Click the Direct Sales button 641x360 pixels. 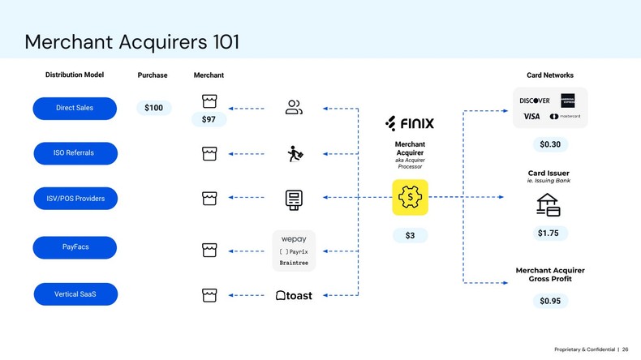(75, 108)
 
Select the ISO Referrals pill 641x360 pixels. (75, 153)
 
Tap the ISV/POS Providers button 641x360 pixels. (75, 199)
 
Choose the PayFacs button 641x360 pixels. (75, 247)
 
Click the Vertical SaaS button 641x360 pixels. (75, 294)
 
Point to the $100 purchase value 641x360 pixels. (153, 108)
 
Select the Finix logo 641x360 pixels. (410, 123)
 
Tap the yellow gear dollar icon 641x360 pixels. (410, 197)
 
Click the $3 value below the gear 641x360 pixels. (410, 236)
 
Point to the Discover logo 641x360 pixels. (535, 101)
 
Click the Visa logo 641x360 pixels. (531, 117)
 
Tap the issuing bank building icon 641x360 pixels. (549, 205)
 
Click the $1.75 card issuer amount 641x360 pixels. (548, 234)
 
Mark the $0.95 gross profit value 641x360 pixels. (549, 301)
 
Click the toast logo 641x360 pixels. (294, 296)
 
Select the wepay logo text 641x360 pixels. (294, 239)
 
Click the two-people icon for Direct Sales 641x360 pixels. (294, 107)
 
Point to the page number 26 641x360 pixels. (625, 349)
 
